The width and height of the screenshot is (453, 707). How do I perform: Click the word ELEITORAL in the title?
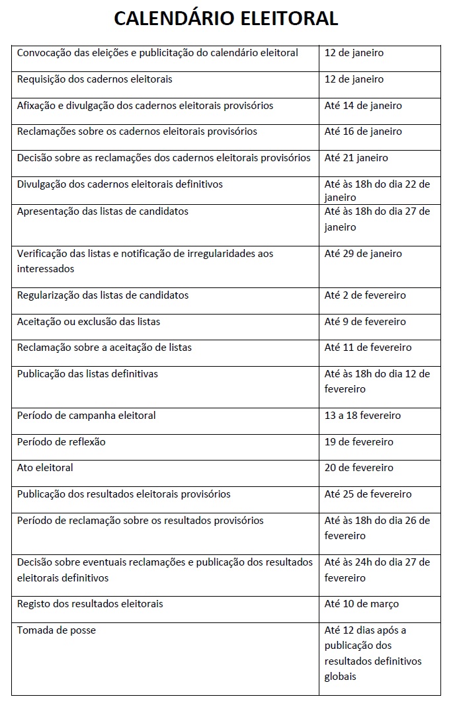point(285,19)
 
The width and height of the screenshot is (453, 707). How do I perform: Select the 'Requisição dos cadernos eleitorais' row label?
point(95,79)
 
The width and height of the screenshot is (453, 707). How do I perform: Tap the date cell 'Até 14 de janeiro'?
point(363,106)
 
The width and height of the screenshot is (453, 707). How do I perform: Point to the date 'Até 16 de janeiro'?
point(363,131)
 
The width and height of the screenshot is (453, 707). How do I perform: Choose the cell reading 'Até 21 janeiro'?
point(356,158)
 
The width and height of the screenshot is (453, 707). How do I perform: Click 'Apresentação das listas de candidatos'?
point(103,211)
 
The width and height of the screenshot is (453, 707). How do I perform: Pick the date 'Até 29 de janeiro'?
point(363,254)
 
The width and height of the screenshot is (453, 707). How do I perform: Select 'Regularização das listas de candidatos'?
point(103,295)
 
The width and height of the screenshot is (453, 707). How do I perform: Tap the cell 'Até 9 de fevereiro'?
point(365,322)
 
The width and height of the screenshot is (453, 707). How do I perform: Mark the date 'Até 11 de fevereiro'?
point(368,348)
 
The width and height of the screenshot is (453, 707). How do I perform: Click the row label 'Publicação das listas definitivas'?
point(87,374)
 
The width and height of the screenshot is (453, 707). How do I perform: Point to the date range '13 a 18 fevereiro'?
point(362,416)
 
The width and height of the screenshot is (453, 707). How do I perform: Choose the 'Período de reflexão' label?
point(61,442)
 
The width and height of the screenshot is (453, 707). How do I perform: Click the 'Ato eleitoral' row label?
point(45,468)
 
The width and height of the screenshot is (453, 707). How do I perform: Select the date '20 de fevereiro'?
point(358,468)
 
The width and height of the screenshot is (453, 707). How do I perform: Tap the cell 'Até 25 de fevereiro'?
point(368,494)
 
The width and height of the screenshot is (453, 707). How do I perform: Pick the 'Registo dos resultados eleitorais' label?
point(90,604)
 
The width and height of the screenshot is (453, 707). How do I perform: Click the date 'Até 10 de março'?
point(362,604)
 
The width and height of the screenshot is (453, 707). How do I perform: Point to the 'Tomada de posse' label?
point(56,630)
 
